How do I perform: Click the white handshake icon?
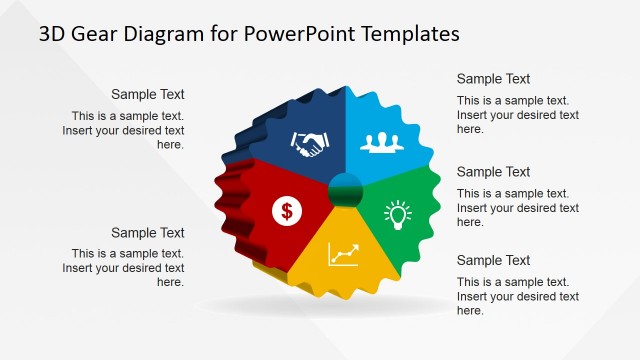point(308,145)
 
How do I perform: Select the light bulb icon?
point(398,213)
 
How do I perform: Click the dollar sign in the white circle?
point(287,210)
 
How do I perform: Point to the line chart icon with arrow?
point(343,254)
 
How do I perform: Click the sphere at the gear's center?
point(345,188)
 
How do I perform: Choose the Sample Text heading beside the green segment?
point(493,172)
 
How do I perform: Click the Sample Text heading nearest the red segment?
point(148,233)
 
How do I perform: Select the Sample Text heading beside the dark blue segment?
point(148,95)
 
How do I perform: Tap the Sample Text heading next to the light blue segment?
point(493,79)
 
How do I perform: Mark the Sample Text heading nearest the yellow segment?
point(493,261)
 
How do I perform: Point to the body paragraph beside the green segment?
point(517,208)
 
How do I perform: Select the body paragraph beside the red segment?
point(123,268)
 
